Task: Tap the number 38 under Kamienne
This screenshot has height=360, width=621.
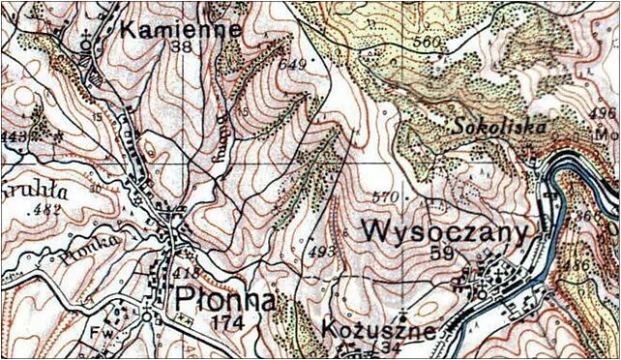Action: point(180,47)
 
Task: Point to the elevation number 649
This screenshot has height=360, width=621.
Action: point(289,64)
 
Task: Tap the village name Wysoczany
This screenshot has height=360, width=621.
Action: point(446,232)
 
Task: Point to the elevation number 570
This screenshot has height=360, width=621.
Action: point(386,198)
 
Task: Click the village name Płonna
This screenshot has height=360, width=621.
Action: point(222,297)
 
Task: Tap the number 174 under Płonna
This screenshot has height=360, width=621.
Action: point(222,319)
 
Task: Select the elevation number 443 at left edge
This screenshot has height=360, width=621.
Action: point(13,136)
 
